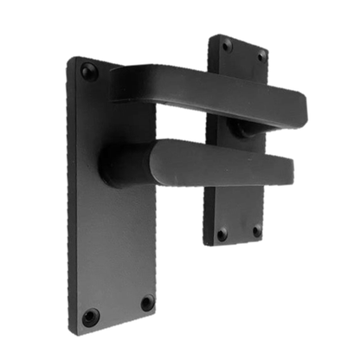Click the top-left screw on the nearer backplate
[x=89, y=72]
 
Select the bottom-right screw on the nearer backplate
[x=146, y=303]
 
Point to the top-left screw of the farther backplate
[x=226, y=45]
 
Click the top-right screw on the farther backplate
[x=260, y=55]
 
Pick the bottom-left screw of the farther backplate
[x=222, y=234]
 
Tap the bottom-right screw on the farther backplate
[x=256, y=231]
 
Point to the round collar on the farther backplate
[x=241, y=130]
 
